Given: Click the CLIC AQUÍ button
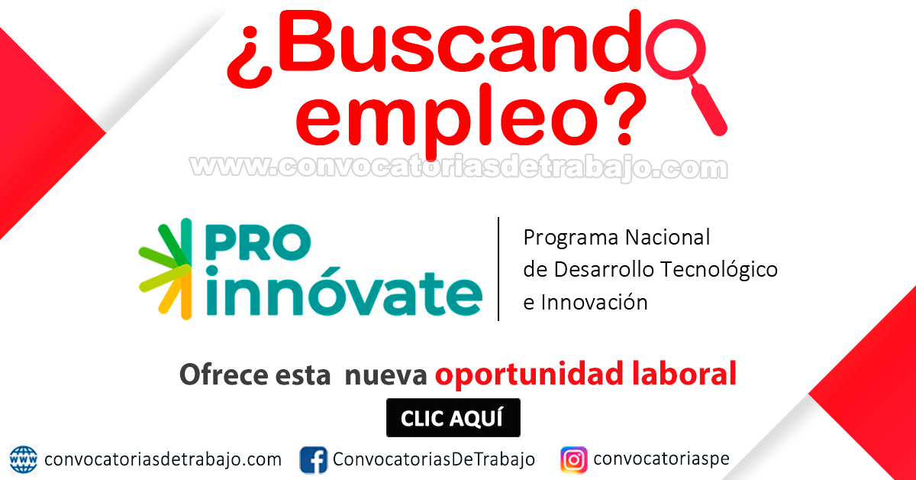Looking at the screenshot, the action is pos(453,418).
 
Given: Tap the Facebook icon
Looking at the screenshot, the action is pos(313,459).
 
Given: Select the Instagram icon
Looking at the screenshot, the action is pos(574,459).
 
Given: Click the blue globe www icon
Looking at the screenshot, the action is pos(24,459).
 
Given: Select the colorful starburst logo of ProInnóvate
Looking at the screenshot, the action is pos(165,269).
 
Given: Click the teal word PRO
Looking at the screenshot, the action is pos(258,242).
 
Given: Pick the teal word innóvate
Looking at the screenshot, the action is pos(344,292).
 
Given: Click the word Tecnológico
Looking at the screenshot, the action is pos(719,270).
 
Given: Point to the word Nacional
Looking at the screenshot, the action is pos(668,237).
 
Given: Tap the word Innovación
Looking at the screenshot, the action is pos(594,303).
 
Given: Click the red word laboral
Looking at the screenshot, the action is pos(684,374).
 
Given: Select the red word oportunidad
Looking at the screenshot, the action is pos(529,375).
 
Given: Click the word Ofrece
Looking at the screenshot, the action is pos(224,375).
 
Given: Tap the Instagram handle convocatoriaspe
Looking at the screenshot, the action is pos(661,459).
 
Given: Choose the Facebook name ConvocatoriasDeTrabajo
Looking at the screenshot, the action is pos(434,459).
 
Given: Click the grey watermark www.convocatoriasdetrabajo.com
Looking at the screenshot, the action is pos(459,167).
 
